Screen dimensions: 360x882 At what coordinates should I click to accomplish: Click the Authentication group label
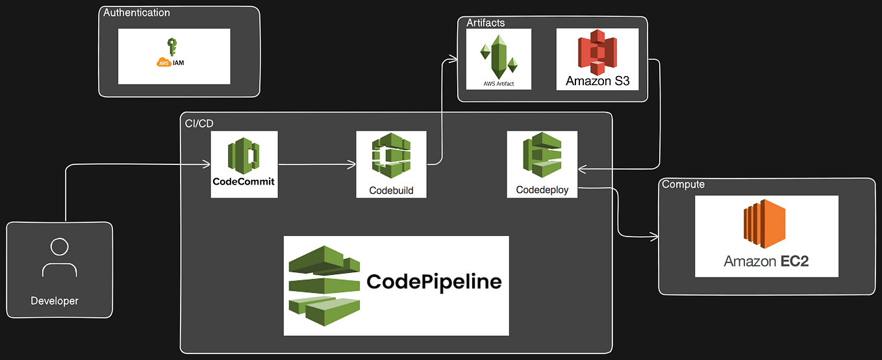[136, 13]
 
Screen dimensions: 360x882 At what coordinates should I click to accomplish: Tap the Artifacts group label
[485, 23]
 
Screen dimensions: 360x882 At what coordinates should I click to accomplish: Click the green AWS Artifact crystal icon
[499, 55]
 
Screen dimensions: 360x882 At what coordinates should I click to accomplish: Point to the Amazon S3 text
[598, 81]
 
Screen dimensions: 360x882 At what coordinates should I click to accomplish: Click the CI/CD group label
[199, 122]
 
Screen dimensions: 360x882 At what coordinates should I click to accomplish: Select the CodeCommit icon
[244, 155]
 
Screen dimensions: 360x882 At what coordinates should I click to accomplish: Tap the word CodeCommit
[244, 181]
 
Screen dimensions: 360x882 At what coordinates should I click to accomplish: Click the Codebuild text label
[391, 190]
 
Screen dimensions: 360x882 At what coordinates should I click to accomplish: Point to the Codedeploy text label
[542, 190]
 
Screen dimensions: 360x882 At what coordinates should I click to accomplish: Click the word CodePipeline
[434, 281]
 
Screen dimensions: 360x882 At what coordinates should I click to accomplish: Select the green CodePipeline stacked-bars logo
[323, 285]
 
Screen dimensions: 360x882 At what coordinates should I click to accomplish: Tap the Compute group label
[683, 185]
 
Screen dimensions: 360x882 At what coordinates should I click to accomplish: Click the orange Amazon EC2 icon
[766, 224]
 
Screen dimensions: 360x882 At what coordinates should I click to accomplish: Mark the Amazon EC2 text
[766, 261]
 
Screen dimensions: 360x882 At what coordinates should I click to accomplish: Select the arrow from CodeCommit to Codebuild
[316, 165]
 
